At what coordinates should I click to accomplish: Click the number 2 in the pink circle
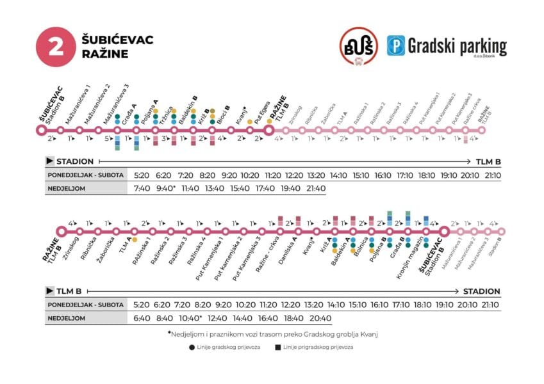tap(56, 46)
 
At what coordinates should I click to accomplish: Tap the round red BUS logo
tap(358, 46)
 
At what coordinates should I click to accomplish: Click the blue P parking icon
tap(395, 45)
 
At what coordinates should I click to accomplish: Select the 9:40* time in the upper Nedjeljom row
tap(166, 188)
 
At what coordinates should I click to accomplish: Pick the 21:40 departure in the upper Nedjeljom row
tap(316, 188)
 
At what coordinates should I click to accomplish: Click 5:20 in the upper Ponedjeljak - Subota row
tap(142, 174)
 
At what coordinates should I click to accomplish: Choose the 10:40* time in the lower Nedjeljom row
tap(190, 318)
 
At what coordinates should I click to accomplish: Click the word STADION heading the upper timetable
tap(76, 161)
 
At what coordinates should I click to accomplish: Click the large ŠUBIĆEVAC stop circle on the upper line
tap(42, 129)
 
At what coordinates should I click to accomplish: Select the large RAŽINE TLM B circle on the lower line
tap(62, 231)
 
